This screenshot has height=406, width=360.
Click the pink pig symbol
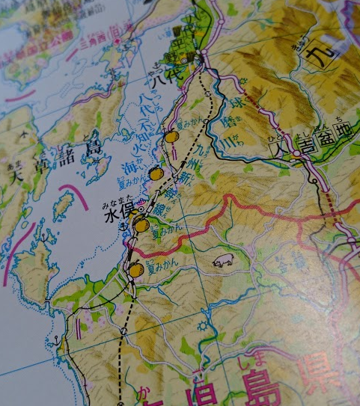[x=223, y=262]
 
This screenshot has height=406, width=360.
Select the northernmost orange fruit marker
[x=171, y=137]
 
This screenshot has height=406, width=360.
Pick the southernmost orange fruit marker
[x=135, y=269]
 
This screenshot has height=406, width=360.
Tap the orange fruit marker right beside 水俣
[x=141, y=224]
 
